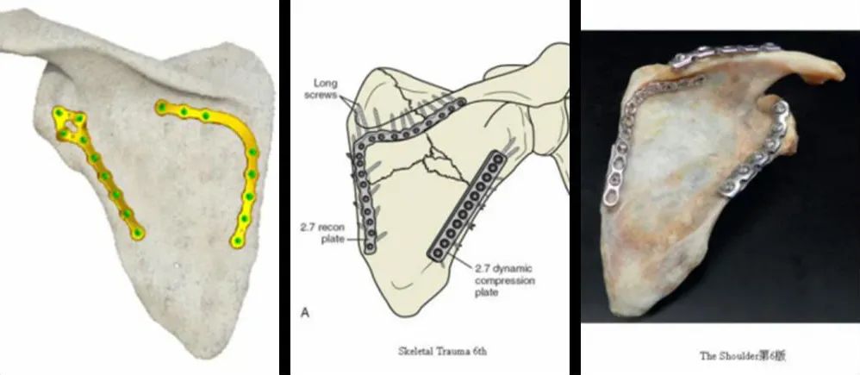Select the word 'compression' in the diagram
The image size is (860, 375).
[505, 280]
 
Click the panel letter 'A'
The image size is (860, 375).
[305, 313]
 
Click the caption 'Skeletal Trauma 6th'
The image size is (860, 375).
[442, 352]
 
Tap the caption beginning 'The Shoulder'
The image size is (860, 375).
[743, 356]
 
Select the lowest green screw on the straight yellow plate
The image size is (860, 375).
[137, 234]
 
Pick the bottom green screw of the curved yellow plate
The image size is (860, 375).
[238, 241]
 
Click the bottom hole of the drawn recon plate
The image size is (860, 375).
[370, 247]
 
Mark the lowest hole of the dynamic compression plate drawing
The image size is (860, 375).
[438, 253]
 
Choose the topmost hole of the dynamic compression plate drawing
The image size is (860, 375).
[498, 159]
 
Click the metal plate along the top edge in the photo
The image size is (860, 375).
[724, 53]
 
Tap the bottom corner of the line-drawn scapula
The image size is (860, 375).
[405, 316]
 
